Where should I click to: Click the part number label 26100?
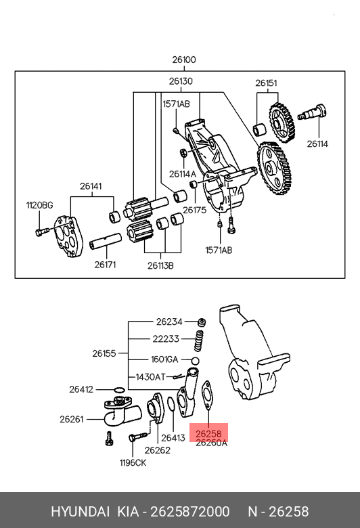coord(184,60)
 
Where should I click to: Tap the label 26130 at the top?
coord(181,81)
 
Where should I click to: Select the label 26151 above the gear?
coord(267,83)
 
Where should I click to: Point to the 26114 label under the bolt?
coord(317,144)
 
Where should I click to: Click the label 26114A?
coord(182,174)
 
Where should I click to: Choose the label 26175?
coord(194,210)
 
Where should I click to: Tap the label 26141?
coord(91,186)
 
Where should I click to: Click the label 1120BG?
coord(40,205)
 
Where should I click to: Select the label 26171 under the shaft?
coord(105,265)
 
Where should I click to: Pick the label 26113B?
coord(160,265)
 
